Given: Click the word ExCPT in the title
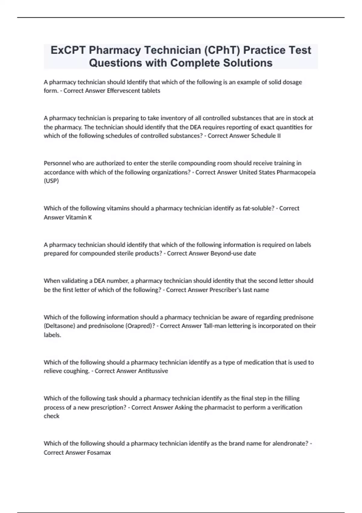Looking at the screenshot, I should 68,50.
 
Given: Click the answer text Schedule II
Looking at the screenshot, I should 266,136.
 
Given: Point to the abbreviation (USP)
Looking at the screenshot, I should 51,181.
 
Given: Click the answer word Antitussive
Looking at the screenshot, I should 153,371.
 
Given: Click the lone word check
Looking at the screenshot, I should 52,416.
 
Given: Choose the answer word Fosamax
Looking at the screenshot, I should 99,453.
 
